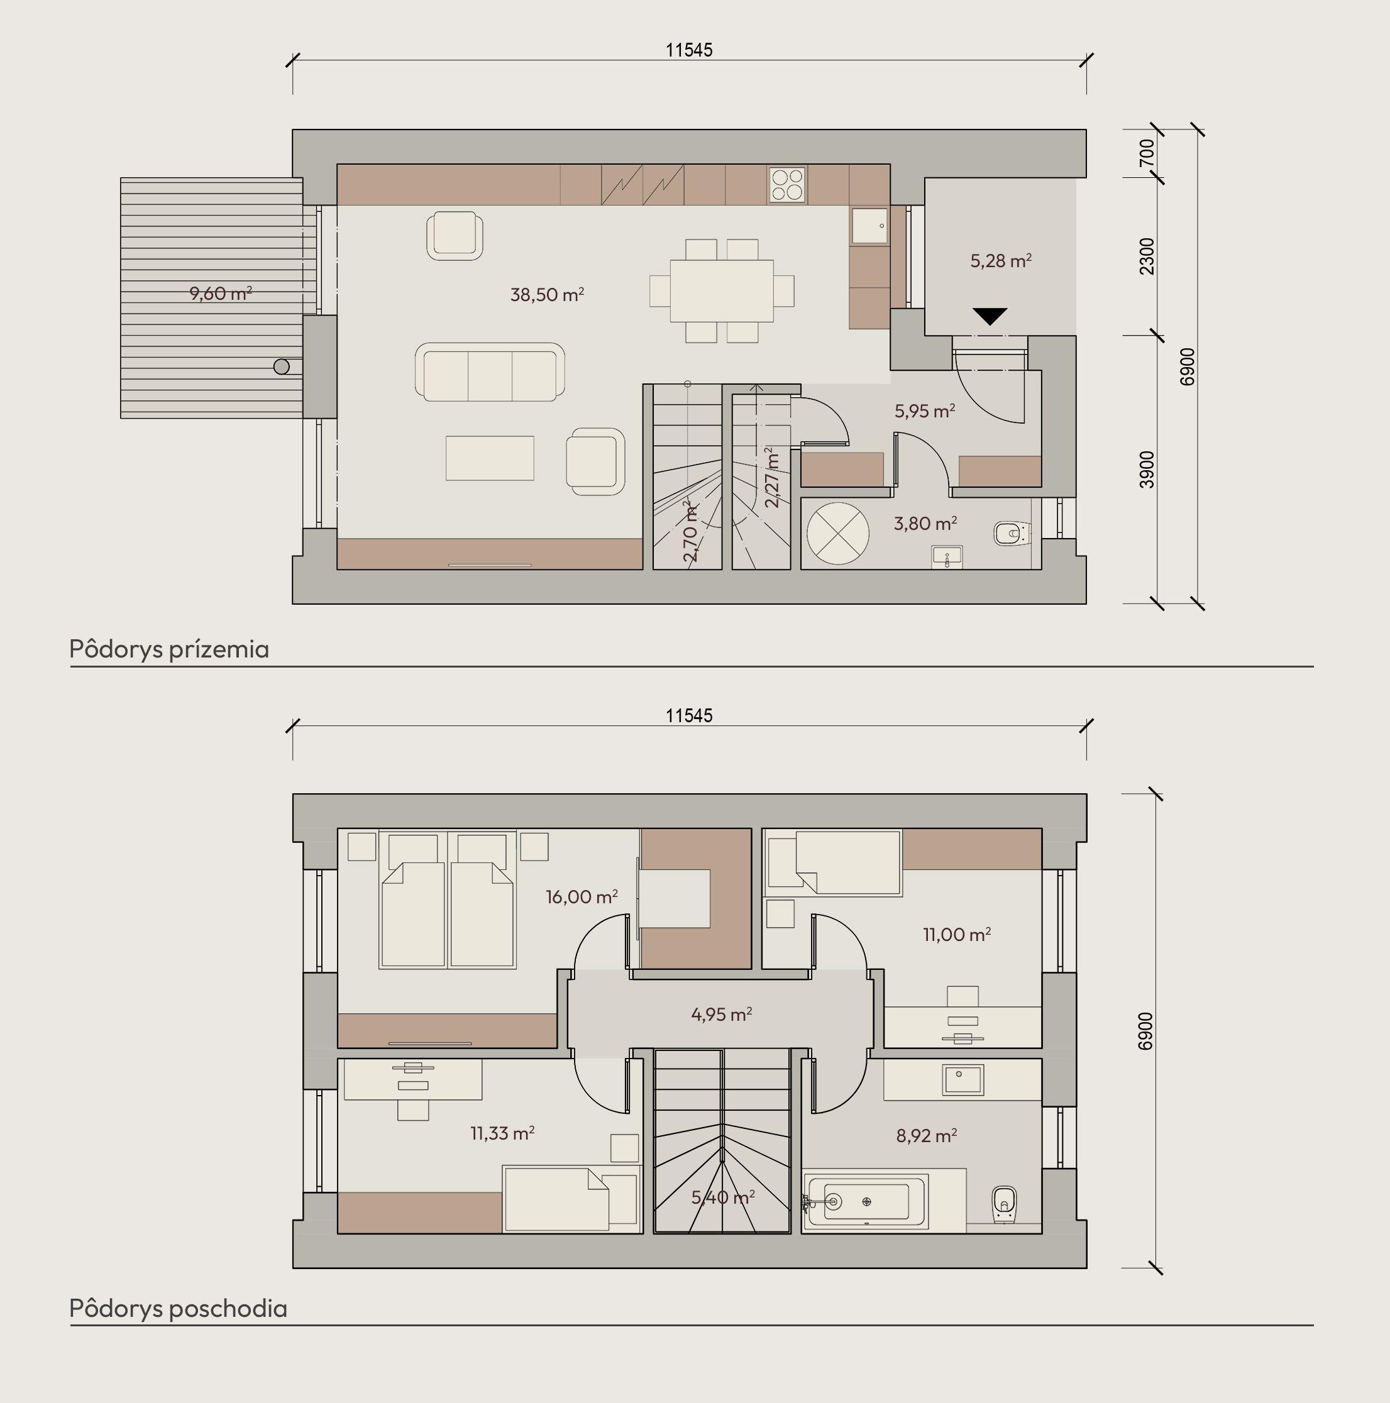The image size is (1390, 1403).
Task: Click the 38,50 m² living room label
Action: [547, 294]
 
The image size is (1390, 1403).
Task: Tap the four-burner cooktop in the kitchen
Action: [787, 184]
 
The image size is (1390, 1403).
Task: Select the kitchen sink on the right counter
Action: [869, 226]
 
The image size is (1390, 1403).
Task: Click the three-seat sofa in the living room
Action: [490, 372]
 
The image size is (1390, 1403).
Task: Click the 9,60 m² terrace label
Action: [221, 293]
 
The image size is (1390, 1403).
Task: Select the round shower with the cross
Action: [837, 533]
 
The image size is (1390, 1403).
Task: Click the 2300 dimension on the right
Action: [1147, 256]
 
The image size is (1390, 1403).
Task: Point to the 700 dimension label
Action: [1147, 153]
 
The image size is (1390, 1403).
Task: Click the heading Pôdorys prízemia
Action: [169, 649]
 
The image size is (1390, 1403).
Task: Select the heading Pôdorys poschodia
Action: [179, 1308]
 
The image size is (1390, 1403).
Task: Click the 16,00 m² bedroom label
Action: [582, 897]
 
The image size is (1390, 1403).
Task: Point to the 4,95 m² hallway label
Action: [721, 1014]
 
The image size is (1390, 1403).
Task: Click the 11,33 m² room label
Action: [502, 1133]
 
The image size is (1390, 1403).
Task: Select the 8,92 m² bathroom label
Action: [926, 1135]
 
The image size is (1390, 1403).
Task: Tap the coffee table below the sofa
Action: [490, 458]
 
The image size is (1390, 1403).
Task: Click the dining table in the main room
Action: [722, 290]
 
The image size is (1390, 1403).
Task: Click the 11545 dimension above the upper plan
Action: [689, 50]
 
